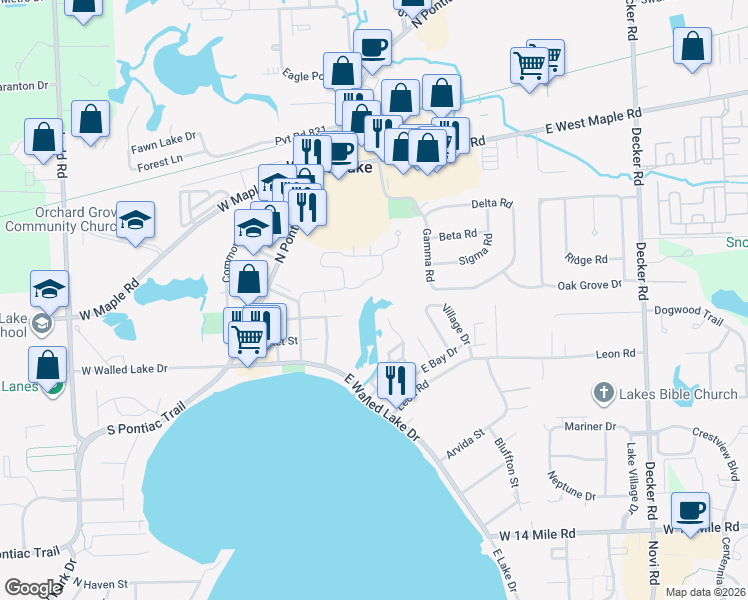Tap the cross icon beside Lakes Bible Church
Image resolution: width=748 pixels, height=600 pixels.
click(x=603, y=393)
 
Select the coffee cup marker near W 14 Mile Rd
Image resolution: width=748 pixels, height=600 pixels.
click(x=690, y=510)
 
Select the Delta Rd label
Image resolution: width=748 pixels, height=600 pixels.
click(x=491, y=203)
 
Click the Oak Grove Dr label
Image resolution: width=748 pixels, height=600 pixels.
click(x=589, y=285)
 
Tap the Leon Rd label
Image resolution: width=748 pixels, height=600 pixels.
click(x=615, y=353)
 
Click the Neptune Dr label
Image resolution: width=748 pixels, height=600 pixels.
click(x=571, y=495)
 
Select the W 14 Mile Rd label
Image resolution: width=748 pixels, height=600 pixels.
click(x=537, y=536)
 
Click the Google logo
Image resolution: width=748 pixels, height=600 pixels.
click(x=33, y=588)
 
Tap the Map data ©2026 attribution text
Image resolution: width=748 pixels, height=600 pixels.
click(x=704, y=592)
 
